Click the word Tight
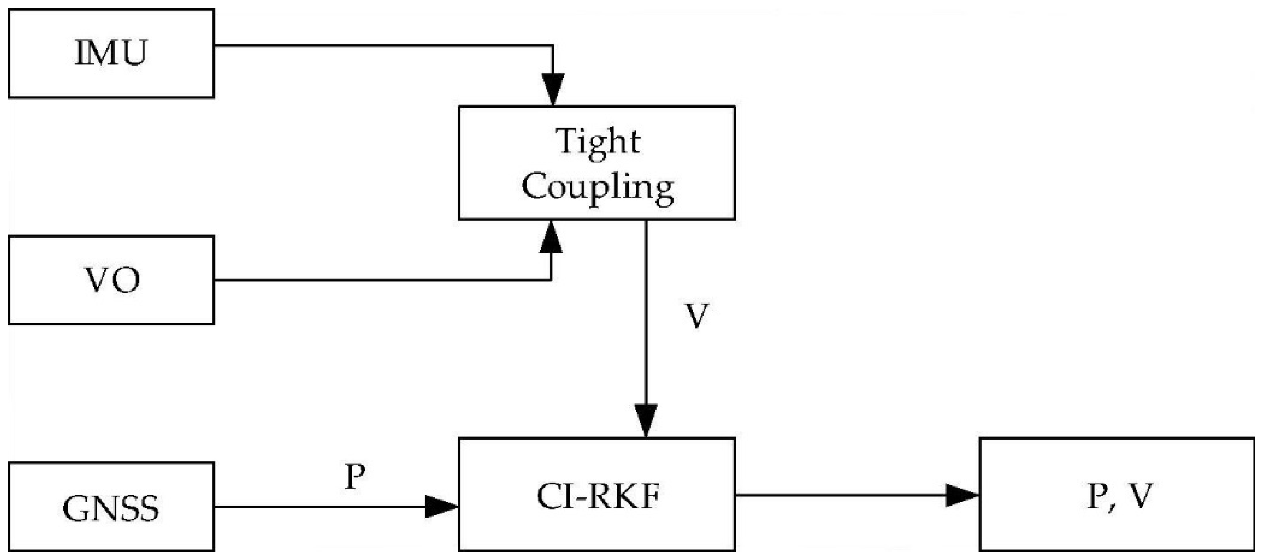(x=597, y=142)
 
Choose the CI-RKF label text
(x=597, y=497)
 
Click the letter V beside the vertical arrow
(x=696, y=316)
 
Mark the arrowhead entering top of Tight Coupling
(x=553, y=89)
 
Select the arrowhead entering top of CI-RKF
(x=646, y=420)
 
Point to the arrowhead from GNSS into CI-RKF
(x=440, y=507)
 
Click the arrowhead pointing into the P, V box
(x=960, y=496)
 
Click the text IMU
(x=111, y=53)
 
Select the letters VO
(x=113, y=281)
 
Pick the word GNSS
(x=111, y=509)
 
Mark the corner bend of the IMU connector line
(x=553, y=45)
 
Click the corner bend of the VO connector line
(x=551, y=280)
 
